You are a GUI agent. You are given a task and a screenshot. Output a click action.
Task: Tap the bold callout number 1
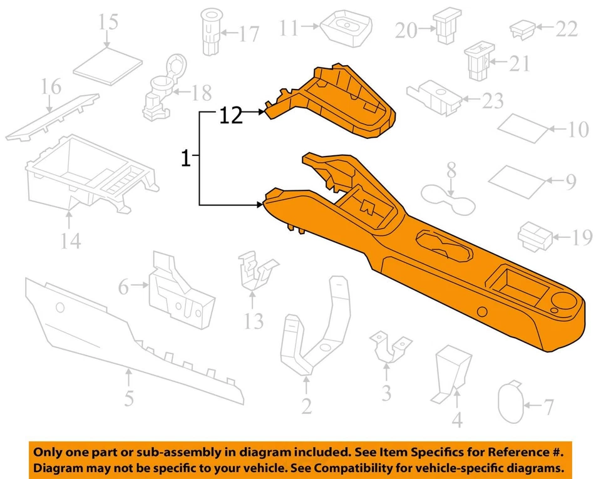click(185, 159)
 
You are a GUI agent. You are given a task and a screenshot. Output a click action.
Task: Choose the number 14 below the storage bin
click(71, 239)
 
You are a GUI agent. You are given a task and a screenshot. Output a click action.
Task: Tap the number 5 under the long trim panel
click(128, 398)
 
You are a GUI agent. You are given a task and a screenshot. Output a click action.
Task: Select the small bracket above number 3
click(391, 346)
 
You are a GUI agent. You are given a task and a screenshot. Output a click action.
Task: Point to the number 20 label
click(406, 30)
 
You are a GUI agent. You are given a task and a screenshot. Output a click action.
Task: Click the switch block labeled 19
click(535, 237)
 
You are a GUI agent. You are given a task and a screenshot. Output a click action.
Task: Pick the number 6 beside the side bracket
click(123, 287)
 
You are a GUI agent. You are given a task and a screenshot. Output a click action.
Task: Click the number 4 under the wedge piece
click(457, 419)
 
